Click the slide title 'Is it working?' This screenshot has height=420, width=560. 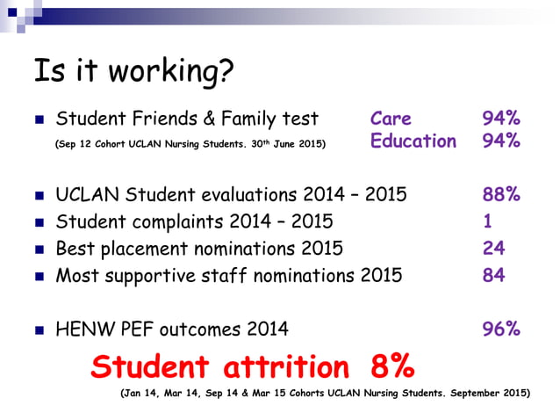click(x=134, y=71)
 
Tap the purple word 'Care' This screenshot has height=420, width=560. click(x=391, y=119)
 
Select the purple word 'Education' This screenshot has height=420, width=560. click(x=413, y=141)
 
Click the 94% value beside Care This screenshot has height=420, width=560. click(x=501, y=119)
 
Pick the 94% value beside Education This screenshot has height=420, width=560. click(x=501, y=141)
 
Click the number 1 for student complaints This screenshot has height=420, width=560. click(x=487, y=221)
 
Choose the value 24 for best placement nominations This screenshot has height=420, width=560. click(x=493, y=248)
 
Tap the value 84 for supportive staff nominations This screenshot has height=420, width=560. click(x=493, y=275)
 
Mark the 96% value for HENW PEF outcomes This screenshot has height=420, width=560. click(x=501, y=329)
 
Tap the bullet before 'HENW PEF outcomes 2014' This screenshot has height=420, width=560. click(x=39, y=330)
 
